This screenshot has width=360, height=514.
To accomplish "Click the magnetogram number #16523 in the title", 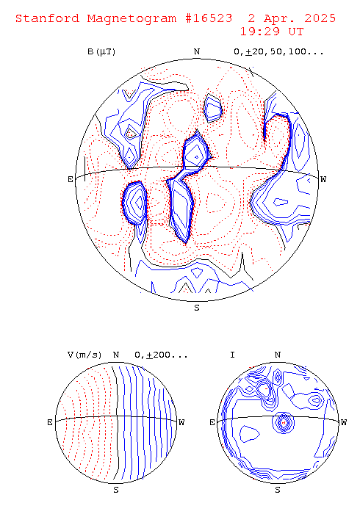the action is pos(209,18).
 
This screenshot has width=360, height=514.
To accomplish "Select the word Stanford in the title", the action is pos(47,18).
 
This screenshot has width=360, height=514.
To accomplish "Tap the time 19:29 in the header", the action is pos(260,32).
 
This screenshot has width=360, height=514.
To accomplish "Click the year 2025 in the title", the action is pos(320,18).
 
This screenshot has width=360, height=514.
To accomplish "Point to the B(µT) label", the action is pos(101,52).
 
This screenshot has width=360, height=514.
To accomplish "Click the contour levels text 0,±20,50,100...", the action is pos(278,52).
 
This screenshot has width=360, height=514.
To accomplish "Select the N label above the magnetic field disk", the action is pos(197,51).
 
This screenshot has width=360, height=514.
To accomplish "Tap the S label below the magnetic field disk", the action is pos(197,308).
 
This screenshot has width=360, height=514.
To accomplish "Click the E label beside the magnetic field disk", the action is pos(71,179).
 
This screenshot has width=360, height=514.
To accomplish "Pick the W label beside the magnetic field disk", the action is pos(323,179).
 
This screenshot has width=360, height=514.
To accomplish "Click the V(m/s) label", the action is pos(84,355).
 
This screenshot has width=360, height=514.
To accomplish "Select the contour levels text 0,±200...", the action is pos(161,355).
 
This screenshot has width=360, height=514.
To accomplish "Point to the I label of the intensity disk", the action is pos(232,355).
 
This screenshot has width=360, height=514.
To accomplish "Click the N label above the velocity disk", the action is pos(116,355).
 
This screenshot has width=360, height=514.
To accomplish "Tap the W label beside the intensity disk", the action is pos(344,422).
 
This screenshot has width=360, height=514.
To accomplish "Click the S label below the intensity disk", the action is pos(278,490).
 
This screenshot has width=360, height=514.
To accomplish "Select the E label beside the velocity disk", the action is pos(50,422).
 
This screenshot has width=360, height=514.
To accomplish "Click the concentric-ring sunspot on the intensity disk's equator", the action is pos(283,422).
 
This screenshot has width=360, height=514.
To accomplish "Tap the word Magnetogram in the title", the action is pos(132,18).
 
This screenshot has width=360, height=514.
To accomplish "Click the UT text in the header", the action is pos(296,32).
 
